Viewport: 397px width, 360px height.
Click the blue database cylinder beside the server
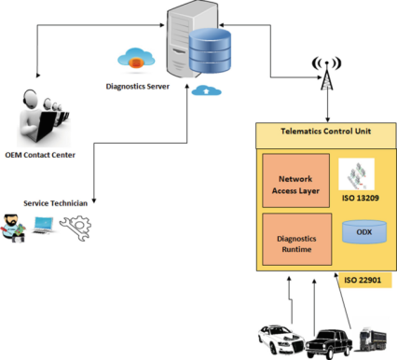click(x=210, y=50)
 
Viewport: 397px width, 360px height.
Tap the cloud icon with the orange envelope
click(x=136, y=58)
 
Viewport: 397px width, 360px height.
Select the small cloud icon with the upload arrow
click(x=206, y=90)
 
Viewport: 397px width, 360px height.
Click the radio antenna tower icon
click(x=326, y=74)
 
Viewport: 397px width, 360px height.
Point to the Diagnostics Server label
click(x=138, y=87)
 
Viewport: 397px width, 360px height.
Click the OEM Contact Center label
click(x=40, y=155)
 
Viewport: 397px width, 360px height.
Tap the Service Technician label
click(x=55, y=203)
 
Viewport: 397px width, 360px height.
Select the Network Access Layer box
click(x=295, y=181)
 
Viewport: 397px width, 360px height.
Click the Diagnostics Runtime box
click(x=296, y=239)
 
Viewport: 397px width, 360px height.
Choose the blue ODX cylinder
click(x=364, y=232)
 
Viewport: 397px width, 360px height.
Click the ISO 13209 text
click(x=361, y=198)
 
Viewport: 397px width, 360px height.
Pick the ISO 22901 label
click(x=363, y=280)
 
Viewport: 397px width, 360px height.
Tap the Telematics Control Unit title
click(x=326, y=132)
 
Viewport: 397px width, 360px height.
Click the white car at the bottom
click(x=281, y=339)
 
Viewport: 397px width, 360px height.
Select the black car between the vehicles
click(x=329, y=343)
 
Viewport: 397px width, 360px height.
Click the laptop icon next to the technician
click(x=43, y=226)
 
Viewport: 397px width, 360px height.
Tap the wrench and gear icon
click(x=75, y=228)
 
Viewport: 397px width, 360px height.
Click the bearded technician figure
click(x=13, y=228)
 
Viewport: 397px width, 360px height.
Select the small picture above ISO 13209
click(x=356, y=174)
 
